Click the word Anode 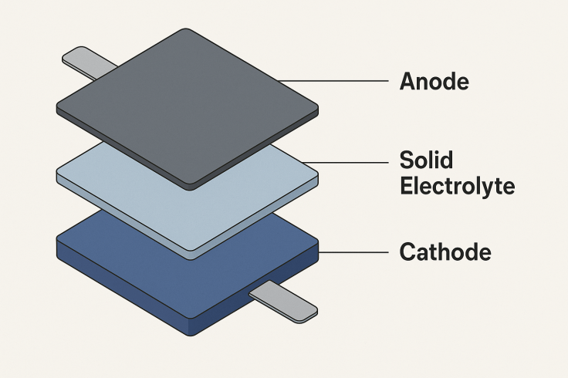434,81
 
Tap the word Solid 426,160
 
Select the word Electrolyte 457,187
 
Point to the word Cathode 445,251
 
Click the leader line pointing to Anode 333,81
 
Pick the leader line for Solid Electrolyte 345,162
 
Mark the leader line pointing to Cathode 353,252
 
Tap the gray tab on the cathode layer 283,301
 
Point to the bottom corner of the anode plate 191,189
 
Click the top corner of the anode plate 185,29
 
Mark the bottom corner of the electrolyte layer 191,259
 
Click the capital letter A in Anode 407,81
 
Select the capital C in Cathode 407,251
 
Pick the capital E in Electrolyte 406,186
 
